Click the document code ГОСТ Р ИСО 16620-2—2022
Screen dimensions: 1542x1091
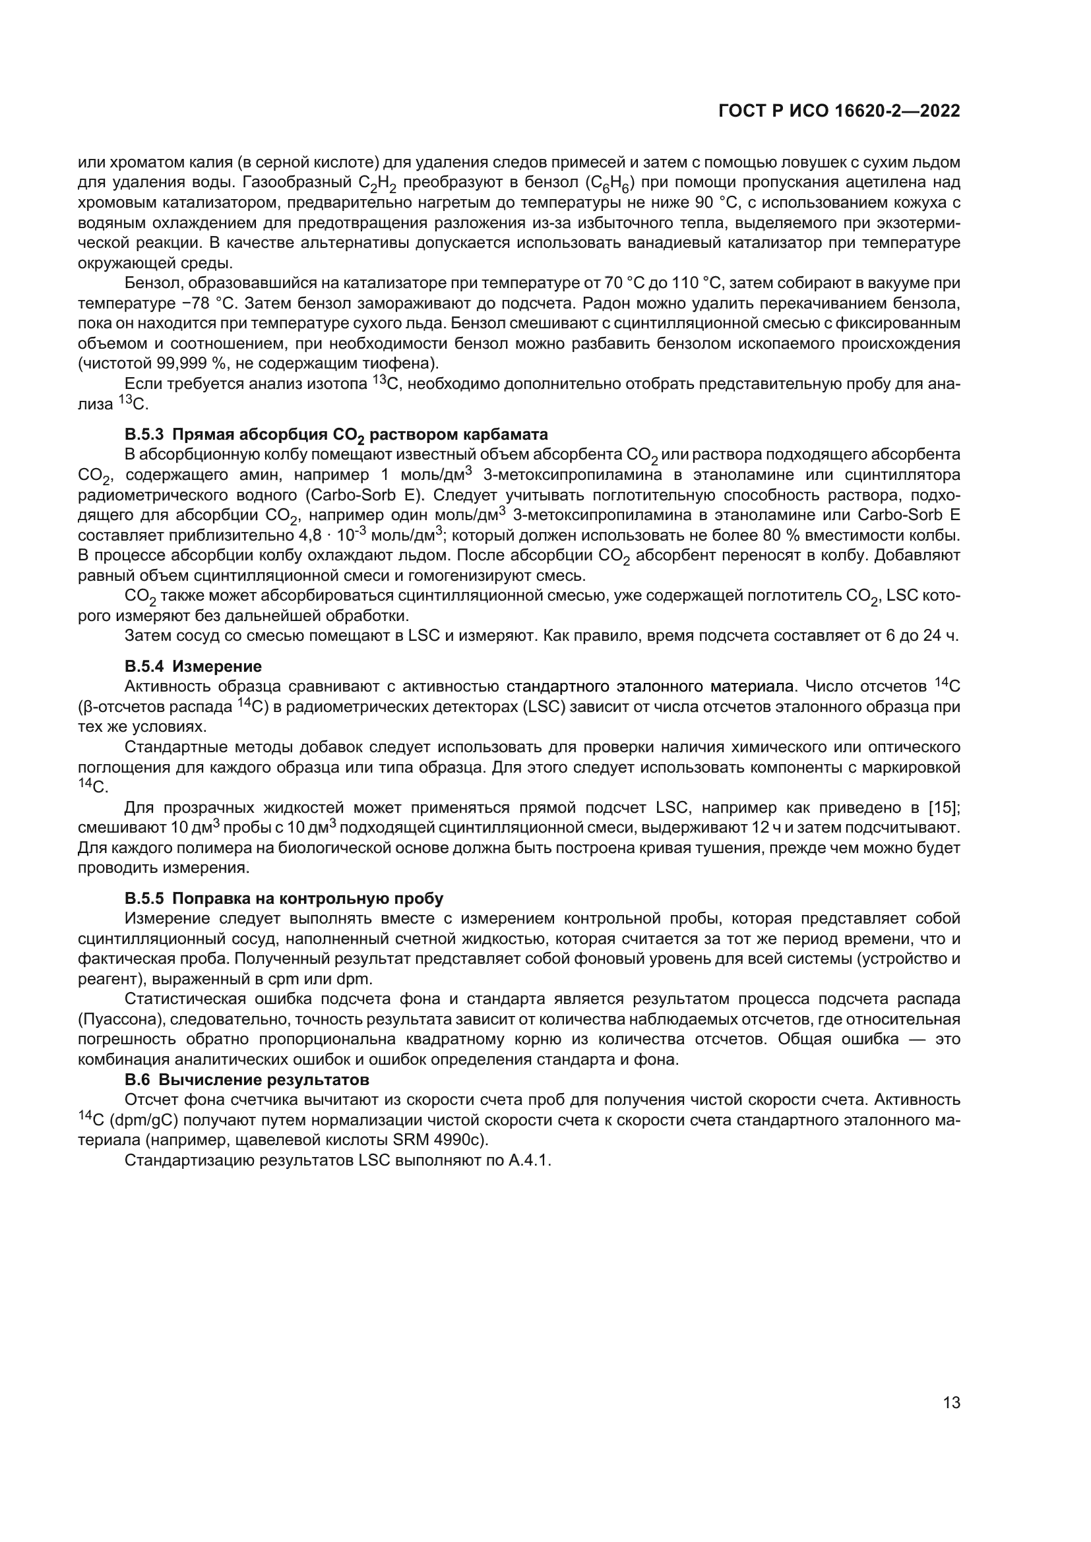(839, 111)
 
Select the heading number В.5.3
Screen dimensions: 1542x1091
(144, 434)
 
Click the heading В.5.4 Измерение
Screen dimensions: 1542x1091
(193, 667)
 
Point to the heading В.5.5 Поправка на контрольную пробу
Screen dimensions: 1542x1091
(284, 898)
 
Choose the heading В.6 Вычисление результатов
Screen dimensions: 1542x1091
(247, 1080)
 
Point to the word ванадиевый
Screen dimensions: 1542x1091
(675, 243)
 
